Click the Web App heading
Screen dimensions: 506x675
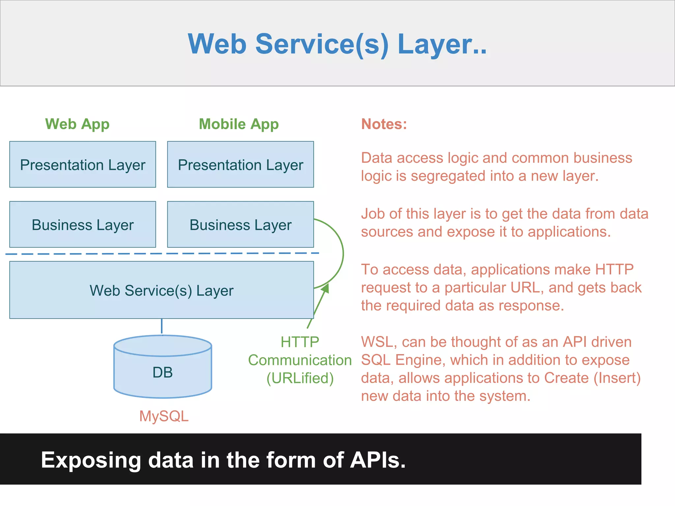77,124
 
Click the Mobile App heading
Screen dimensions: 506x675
239,124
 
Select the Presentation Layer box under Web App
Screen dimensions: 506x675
82,164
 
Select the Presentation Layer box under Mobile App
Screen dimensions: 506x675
240,164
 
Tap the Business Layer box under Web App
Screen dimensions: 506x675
82,224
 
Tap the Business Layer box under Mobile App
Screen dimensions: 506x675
240,224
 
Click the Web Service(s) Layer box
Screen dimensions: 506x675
161,290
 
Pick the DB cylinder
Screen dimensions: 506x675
162,372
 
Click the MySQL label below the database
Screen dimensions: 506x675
164,416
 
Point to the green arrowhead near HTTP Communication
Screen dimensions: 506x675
325,289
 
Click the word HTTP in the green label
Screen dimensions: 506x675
300,342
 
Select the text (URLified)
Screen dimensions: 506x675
300,378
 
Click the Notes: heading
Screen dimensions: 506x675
384,124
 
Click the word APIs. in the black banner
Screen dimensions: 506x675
378,460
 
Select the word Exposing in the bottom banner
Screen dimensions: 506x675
91,460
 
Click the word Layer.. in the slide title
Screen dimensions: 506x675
442,44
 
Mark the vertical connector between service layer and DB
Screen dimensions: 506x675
161,326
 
